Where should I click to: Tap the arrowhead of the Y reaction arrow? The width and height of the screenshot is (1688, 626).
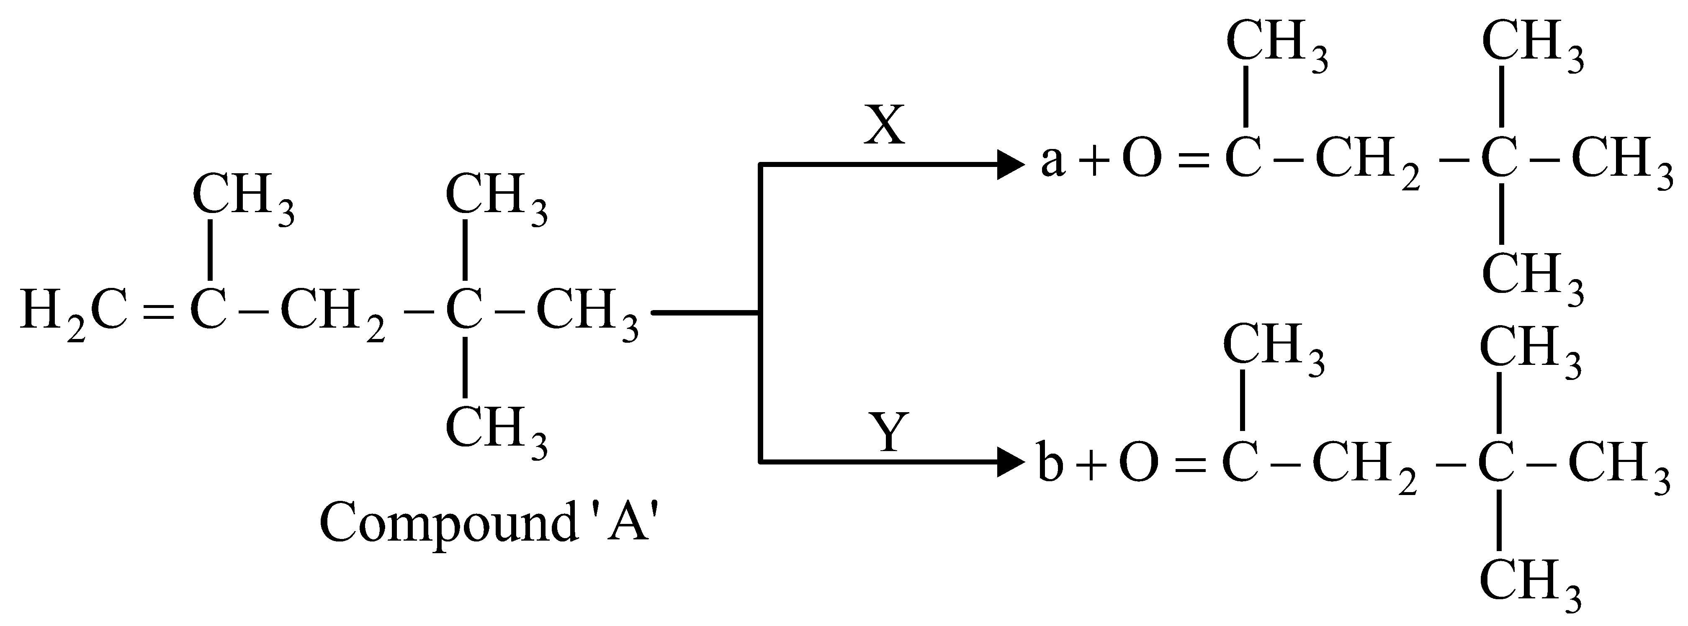click(1009, 463)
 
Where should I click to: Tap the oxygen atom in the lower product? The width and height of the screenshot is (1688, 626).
click(1138, 462)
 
